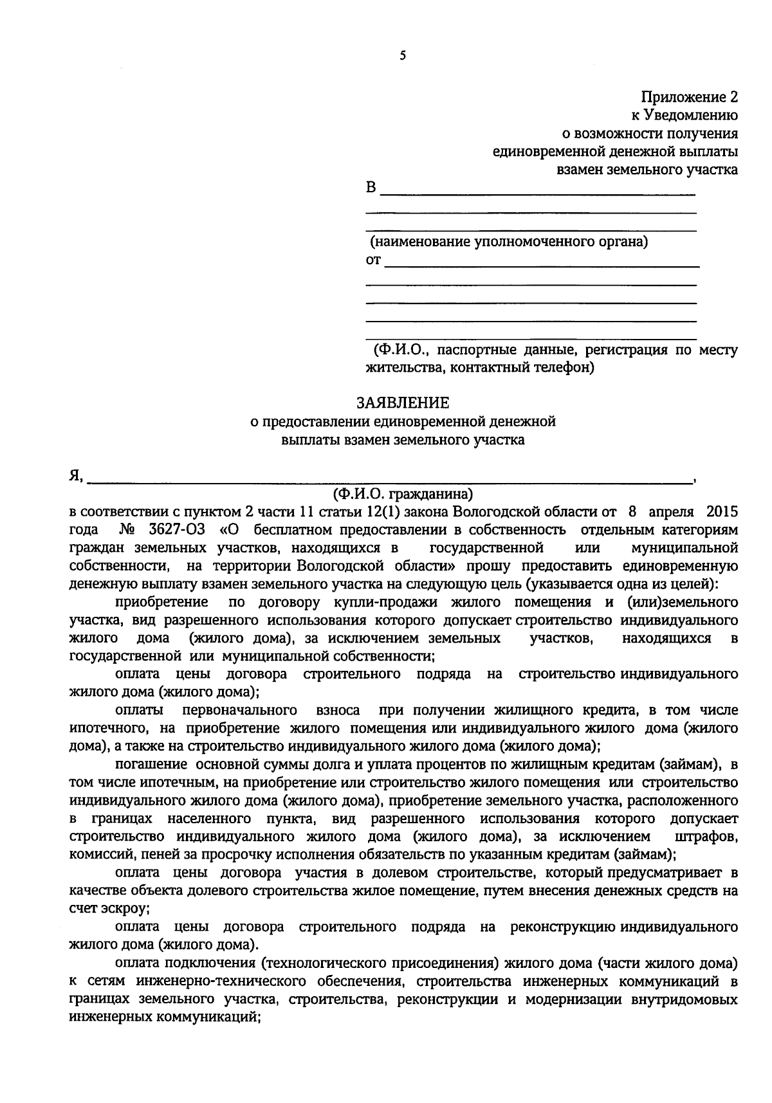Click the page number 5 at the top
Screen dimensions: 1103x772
(403, 56)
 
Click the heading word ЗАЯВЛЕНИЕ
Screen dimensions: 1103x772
(403, 403)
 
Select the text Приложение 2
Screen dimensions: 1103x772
(689, 97)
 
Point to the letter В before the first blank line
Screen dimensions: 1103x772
(370, 188)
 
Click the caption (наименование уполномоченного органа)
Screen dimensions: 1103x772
(508, 242)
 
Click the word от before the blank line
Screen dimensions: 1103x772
(373, 260)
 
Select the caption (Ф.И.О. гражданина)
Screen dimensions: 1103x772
(403, 494)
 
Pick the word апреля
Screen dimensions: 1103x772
(670, 512)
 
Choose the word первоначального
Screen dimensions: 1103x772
(240, 711)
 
